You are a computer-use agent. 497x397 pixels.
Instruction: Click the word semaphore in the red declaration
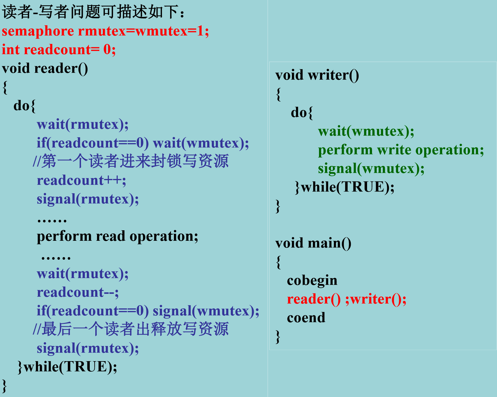coord(38,31)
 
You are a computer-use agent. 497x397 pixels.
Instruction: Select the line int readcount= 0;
coord(59,50)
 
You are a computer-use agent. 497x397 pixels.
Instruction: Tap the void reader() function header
coord(45,68)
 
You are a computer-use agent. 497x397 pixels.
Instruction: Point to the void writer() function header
coord(317,75)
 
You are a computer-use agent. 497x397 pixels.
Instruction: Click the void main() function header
coord(313,243)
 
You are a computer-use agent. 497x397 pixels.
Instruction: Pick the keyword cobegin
coord(312,281)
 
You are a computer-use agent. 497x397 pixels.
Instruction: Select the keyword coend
coord(306,317)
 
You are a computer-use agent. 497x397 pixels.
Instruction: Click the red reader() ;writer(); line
coord(347,299)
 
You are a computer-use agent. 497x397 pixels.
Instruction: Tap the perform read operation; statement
coord(117,236)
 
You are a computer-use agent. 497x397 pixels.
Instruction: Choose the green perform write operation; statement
coord(401,150)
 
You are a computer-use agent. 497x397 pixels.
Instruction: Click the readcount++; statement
coord(82,180)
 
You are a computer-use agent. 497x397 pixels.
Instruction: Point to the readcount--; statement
coord(78,292)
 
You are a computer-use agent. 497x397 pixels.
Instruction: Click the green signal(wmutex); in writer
coord(371,169)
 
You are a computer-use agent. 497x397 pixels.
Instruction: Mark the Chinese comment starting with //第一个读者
coord(131,161)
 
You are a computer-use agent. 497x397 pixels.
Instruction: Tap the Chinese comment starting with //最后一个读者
coord(131,329)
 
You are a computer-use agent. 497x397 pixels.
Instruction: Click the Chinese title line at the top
coord(93,12)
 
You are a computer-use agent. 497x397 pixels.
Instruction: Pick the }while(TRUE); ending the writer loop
coord(345,187)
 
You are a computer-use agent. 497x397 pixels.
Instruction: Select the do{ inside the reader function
coord(24,106)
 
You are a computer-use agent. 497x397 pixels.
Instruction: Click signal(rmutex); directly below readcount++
coord(88,199)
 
